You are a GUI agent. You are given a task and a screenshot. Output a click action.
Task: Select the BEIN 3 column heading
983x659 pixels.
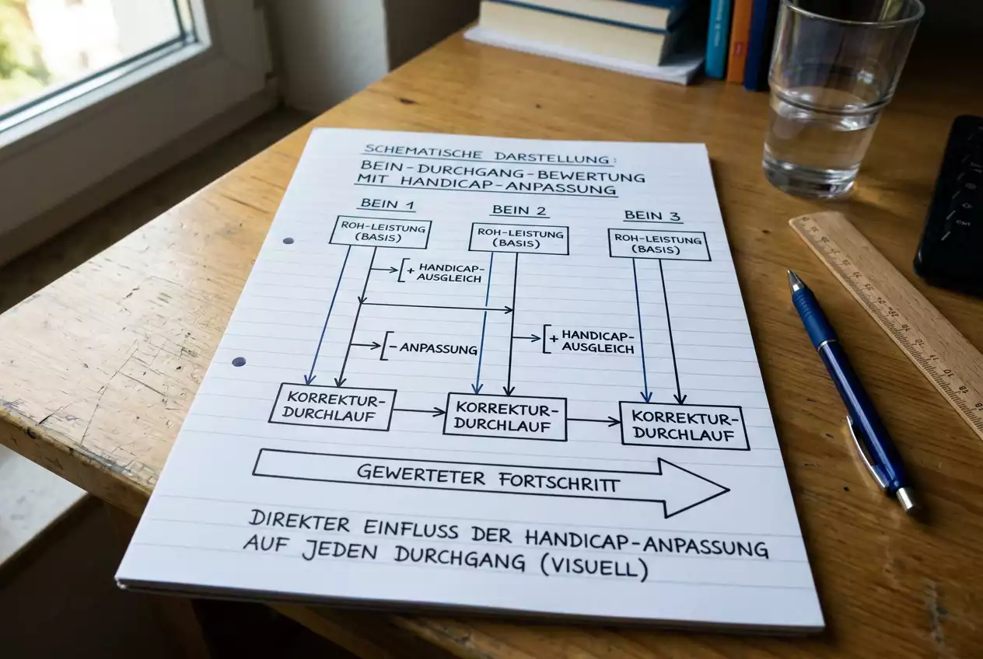pyautogui.click(x=652, y=216)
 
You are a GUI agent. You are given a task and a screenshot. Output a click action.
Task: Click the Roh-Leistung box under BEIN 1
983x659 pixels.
pyautogui.click(x=380, y=232)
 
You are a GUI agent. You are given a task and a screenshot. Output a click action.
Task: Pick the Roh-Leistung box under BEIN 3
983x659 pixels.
pyautogui.click(x=659, y=245)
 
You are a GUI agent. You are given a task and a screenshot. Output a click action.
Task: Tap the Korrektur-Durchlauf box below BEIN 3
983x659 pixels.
pyautogui.click(x=684, y=426)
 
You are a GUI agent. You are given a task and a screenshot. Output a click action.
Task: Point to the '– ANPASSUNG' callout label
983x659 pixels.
pyautogui.click(x=433, y=349)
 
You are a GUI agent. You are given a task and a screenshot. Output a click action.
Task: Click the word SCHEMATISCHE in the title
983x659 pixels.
pyautogui.click(x=423, y=154)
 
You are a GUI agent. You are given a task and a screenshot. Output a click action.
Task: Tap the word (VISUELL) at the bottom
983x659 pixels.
pyautogui.click(x=594, y=568)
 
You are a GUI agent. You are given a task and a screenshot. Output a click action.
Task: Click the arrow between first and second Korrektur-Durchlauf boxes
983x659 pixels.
pyautogui.click(x=418, y=411)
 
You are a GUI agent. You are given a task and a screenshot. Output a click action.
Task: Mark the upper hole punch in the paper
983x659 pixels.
pyautogui.click(x=289, y=241)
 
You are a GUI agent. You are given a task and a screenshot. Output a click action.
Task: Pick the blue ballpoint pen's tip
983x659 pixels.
pyautogui.click(x=790, y=273)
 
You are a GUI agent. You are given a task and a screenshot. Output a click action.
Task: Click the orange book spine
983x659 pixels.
pyautogui.click(x=739, y=40)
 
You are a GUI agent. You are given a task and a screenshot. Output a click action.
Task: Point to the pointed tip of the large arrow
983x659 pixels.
pyautogui.click(x=729, y=490)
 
